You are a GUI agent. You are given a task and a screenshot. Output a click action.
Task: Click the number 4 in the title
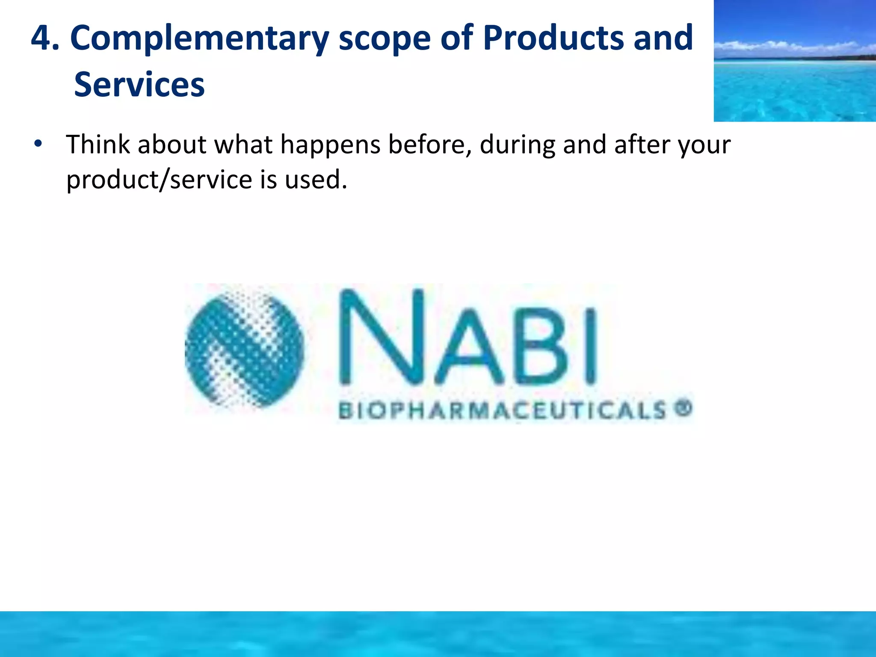pos(41,38)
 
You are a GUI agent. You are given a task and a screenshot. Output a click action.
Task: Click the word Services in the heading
pos(139,85)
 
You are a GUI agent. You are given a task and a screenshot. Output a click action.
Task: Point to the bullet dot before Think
pos(38,144)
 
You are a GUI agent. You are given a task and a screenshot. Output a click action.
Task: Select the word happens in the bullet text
pos(330,145)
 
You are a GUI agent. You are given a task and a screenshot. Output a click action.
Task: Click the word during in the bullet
pos(517,145)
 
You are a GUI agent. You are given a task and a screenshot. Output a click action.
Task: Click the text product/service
pos(159,180)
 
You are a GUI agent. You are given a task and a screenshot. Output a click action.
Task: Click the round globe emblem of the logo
pos(244,346)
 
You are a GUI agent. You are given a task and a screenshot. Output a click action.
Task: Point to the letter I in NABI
pos(590,346)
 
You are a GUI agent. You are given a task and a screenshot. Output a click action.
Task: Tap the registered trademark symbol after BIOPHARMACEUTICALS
pos(684,408)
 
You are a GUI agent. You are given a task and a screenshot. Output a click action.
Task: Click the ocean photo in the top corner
pos(794,61)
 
